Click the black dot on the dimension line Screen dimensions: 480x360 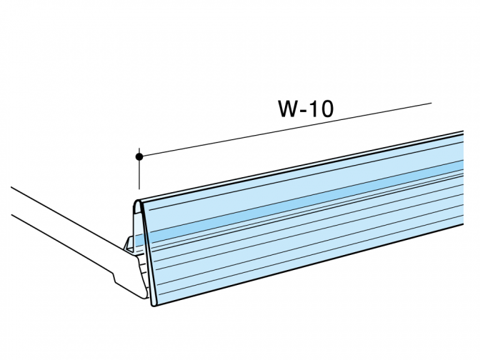click(x=139, y=156)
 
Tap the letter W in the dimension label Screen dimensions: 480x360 click(x=289, y=109)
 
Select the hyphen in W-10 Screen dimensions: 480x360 click(x=304, y=110)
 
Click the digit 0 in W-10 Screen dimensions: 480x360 click(x=326, y=109)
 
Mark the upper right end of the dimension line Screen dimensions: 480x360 click(x=431, y=103)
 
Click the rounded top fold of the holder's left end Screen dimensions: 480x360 click(x=138, y=202)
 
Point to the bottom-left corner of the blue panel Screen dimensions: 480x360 click(x=153, y=306)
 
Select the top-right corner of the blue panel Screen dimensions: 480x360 click(x=463, y=131)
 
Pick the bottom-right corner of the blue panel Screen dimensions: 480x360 click(x=463, y=224)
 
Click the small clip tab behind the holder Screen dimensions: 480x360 click(x=128, y=244)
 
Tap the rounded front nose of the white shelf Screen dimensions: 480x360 click(x=144, y=294)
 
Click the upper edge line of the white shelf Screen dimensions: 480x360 click(x=67, y=216)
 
